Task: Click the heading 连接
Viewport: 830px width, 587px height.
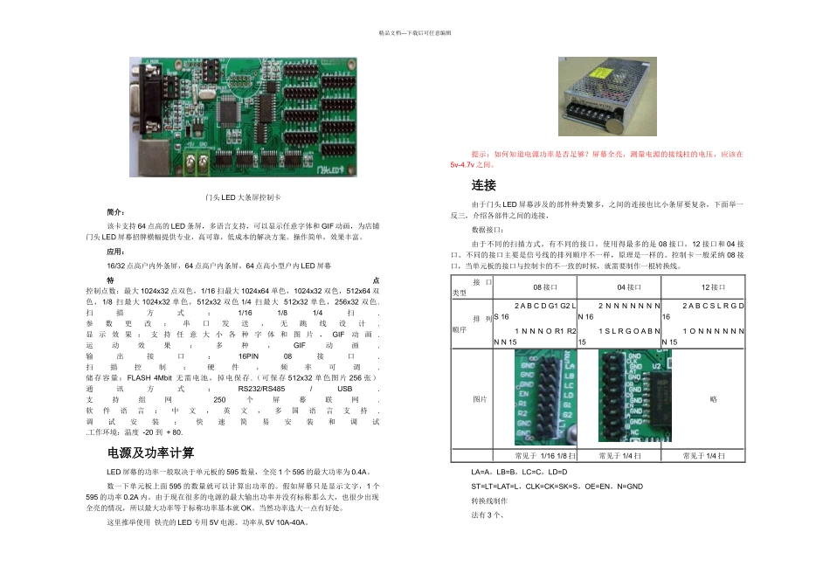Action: [483, 185]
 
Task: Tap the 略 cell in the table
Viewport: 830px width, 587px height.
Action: [714, 398]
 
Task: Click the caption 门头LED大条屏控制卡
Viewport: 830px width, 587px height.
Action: [243, 199]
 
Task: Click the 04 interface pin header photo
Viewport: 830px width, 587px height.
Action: [628, 398]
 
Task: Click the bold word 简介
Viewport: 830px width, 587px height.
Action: [115, 212]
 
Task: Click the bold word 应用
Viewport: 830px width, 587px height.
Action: [115, 251]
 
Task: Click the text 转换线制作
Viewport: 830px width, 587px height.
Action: [489, 501]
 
